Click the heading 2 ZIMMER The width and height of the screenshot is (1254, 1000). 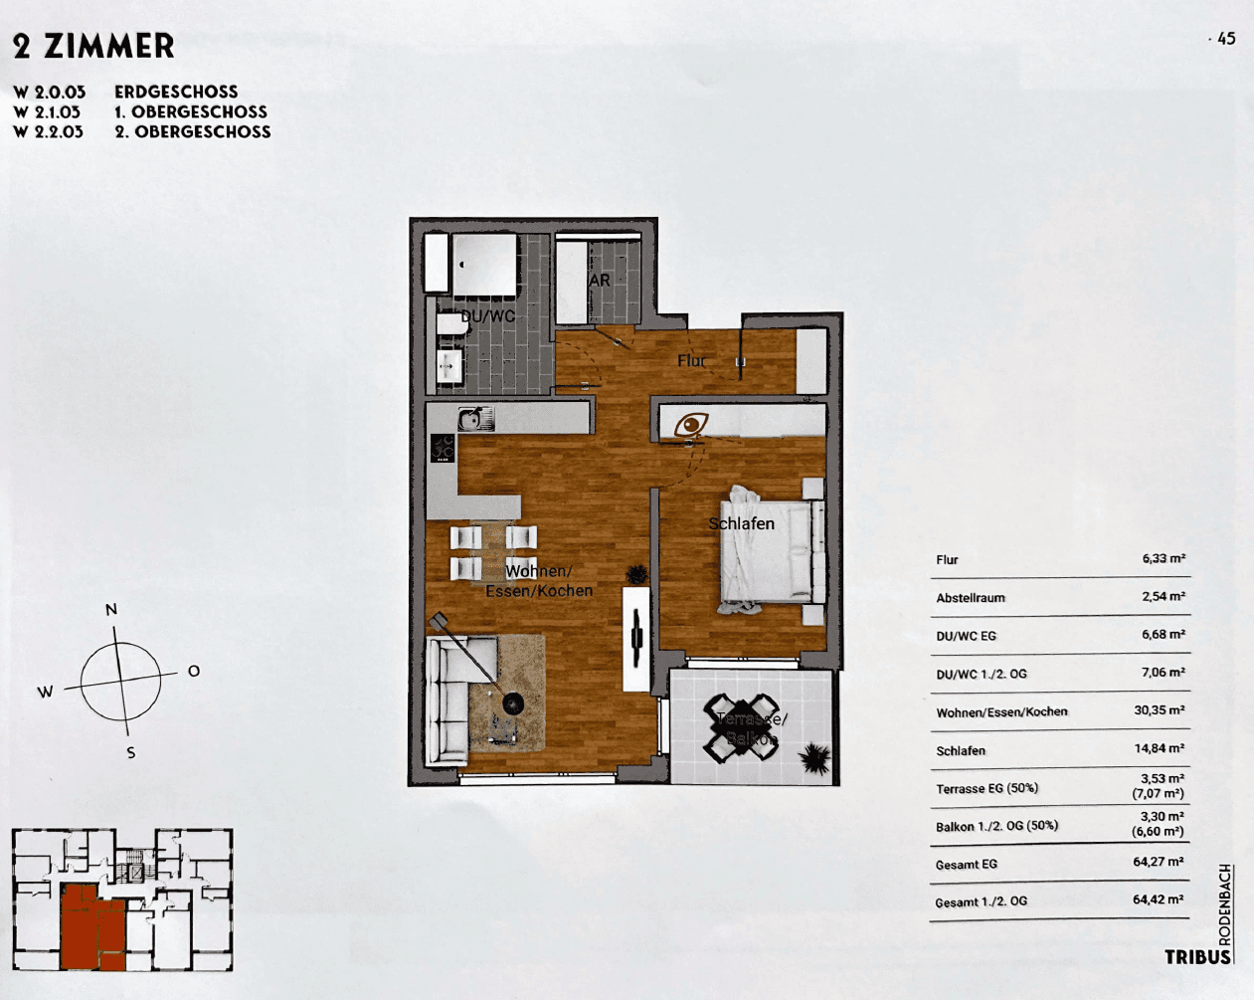tap(93, 46)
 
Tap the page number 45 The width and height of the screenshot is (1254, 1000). tap(1225, 39)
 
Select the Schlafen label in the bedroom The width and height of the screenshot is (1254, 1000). tap(741, 523)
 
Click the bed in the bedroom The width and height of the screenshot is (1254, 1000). tap(772, 553)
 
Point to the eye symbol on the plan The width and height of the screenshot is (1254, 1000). tap(691, 426)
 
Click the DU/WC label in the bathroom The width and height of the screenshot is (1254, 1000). tap(488, 316)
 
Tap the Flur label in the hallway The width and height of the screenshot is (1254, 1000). tap(691, 360)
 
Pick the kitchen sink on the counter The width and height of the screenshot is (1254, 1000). tap(475, 419)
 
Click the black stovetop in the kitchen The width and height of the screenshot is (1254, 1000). tap(443, 449)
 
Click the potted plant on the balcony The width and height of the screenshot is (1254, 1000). tap(814, 759)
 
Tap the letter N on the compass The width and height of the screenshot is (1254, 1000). tap(111, 609)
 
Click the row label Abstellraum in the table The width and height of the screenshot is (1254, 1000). tap(971, 598)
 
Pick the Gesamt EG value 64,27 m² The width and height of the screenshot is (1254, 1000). tap(1159, 862)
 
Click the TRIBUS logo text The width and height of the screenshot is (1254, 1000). tap(1197, 957)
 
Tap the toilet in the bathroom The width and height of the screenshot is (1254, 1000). tap(451, 326)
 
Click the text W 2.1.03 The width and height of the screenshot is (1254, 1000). tap(48, 112)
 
